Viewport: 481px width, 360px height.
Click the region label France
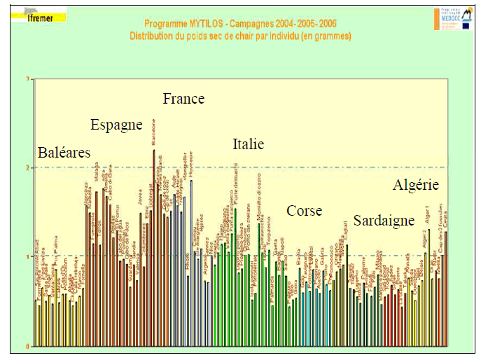point(183,99)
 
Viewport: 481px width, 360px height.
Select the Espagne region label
point(116,125)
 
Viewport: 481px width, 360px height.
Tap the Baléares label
point(64,153)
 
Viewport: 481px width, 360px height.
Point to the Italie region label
point(248,145)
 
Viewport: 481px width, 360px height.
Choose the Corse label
point(304,211)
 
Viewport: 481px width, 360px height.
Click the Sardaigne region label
point(384,221)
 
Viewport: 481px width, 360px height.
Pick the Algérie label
point(416,186)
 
